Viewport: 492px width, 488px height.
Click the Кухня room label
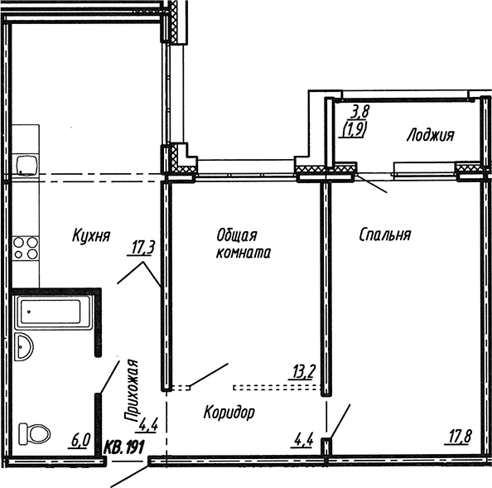click(x=91, y=235)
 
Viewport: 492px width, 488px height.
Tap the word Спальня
click(x=385, y=234)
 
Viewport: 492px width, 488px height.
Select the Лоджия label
click(x=431, y=135)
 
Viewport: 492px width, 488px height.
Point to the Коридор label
click(x=229, y=412)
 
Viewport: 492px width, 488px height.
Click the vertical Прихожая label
click(x=131, y=390)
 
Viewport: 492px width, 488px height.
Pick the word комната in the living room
click(x=244, y=253)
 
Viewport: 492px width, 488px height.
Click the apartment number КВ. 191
click(x=124, y=447)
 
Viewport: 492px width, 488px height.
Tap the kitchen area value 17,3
click(x=142, y=249)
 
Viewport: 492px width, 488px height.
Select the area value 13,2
click(x=303, y=373)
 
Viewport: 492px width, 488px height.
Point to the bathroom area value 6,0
click(x=80, y=440)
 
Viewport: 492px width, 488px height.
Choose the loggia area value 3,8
click(x=361, y=111)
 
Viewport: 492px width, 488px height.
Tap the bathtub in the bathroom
click(x=53, y=312)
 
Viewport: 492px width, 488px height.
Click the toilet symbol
click(x=34, y=433)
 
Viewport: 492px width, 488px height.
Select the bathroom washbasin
click(x=24, y=347)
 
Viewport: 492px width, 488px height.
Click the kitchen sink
click(x=27, y=165)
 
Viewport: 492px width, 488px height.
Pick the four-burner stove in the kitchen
click(x=26, y=248)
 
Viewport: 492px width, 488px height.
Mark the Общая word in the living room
click(x=237, y=234)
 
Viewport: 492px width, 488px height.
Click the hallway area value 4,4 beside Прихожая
click(x=148, y=426)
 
